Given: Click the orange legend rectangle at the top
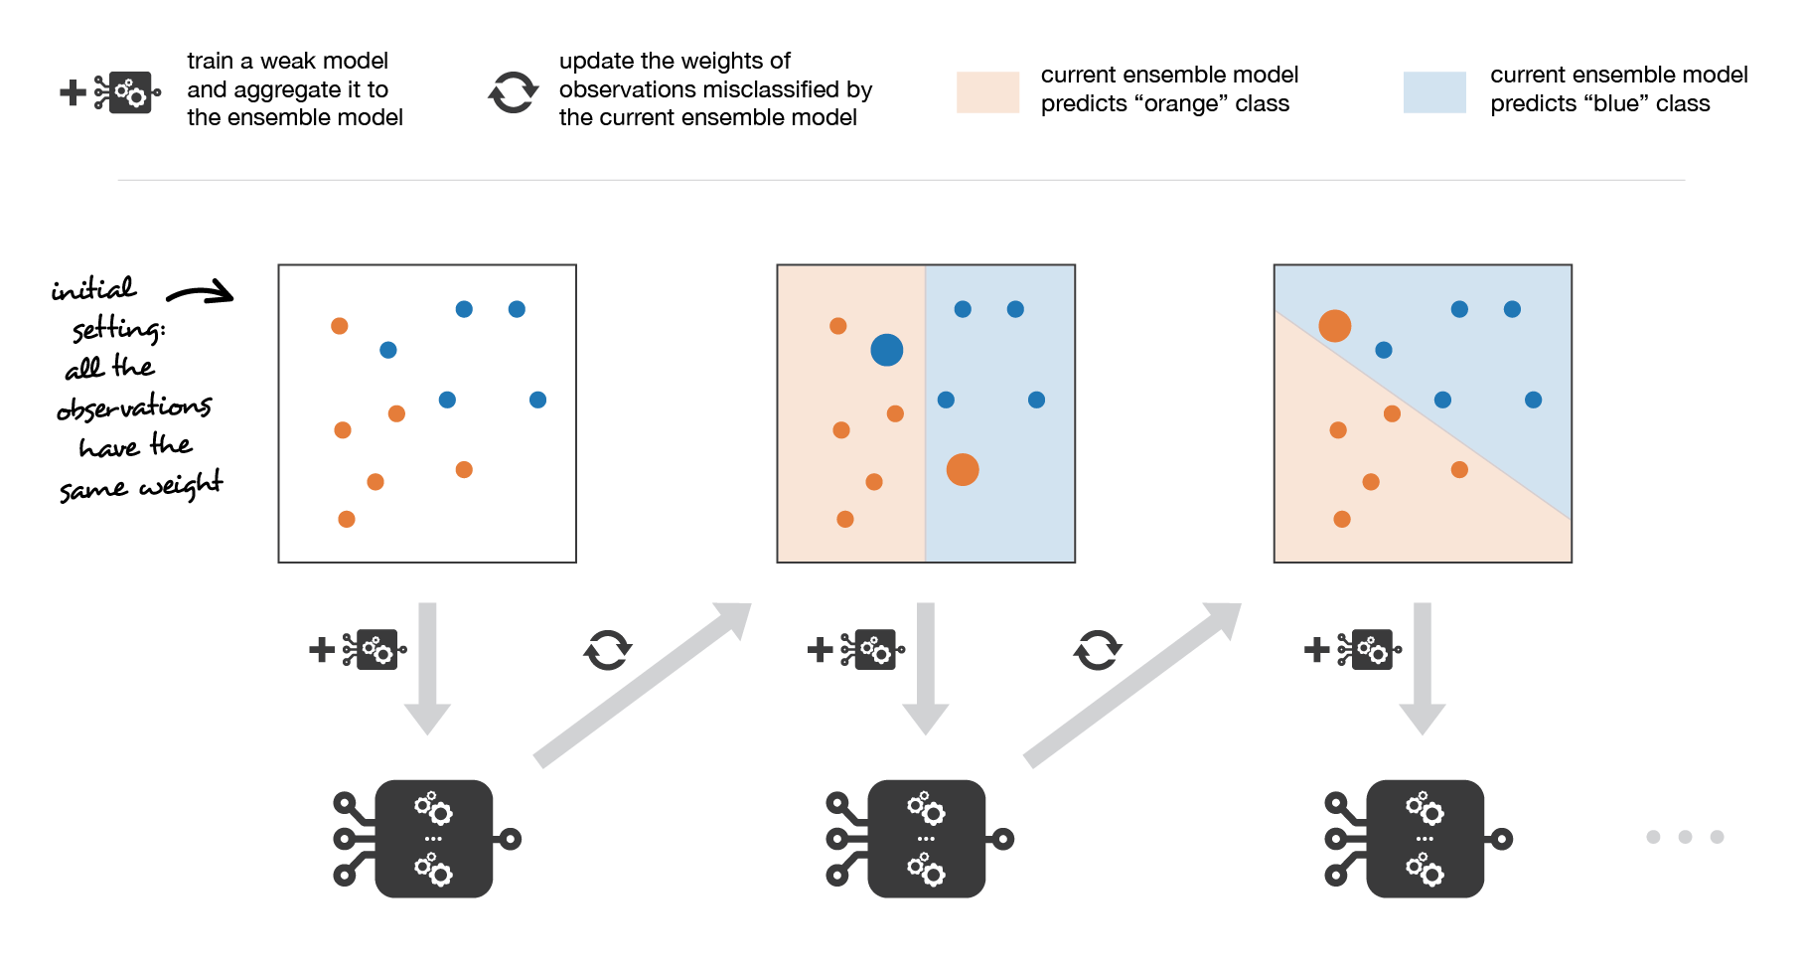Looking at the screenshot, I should (987, 92).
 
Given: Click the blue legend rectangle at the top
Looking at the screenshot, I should (1434, 92).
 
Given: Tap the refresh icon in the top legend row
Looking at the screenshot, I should (514, 92).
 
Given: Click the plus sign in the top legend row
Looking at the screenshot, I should (73, 92).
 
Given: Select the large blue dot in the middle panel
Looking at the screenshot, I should (886, 350).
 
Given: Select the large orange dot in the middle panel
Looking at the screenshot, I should (962, 469).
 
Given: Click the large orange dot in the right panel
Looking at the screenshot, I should (1334, 325).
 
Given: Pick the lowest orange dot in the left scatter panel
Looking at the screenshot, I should (346, 519).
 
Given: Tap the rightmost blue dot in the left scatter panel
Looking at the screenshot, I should (537, 400).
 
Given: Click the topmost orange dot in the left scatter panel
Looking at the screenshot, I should (339, 326).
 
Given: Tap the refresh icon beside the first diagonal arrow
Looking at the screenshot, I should (607, 650).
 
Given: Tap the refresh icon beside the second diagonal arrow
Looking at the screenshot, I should (1097, 650).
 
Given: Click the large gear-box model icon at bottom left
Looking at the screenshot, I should (433, 839).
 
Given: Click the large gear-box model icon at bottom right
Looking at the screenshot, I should (1424, 839).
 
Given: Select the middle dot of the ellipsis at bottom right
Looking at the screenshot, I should (1685, 837).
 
